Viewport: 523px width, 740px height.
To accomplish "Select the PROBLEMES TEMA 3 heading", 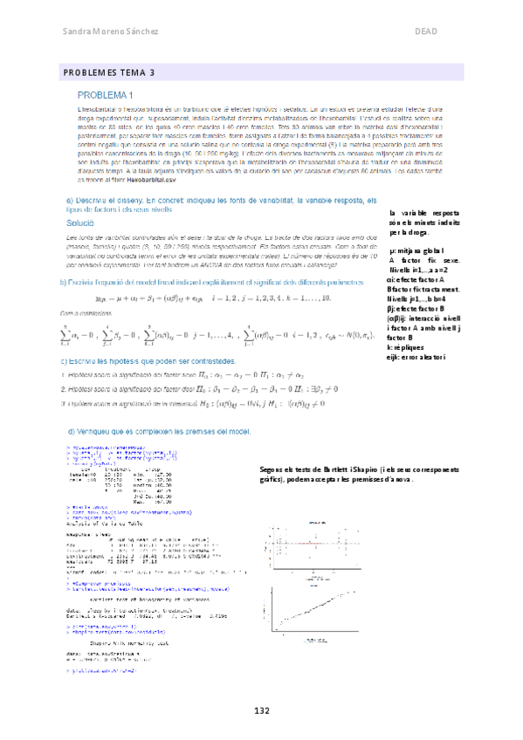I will pyautogui.click(x=108, y=72).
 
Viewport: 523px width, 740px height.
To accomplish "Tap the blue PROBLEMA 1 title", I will pyautogui.click(x=105, y=94).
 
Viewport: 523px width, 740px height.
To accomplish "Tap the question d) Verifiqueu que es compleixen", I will pyautogui.click(x=157, y=432).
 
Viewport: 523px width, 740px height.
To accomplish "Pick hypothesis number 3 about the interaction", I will pyautogui.click(x=175, y=403).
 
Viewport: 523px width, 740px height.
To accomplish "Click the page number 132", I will pyautogui.click(x=262, y=711).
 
